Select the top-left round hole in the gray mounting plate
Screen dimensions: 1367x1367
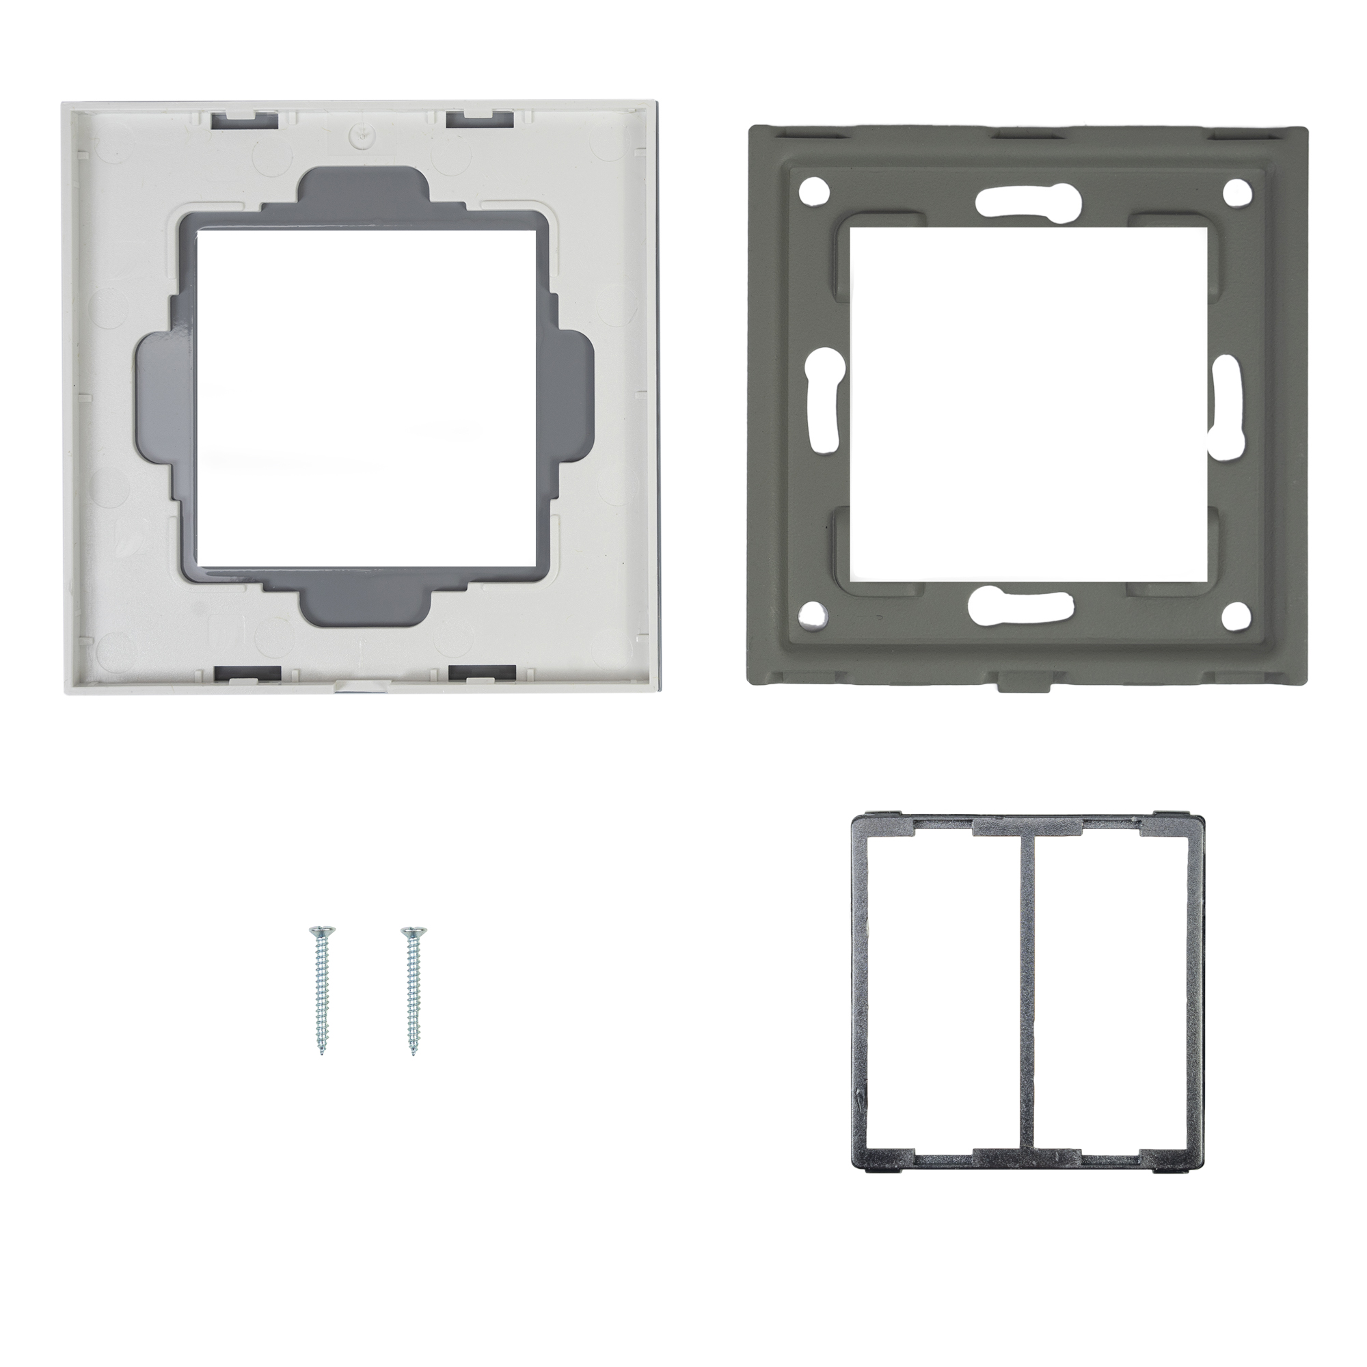(813, 191)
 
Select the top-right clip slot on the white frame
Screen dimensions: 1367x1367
(478, 118)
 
